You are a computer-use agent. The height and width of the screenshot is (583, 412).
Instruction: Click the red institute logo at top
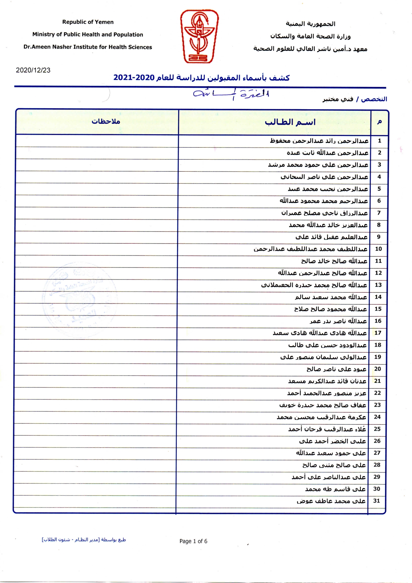pyautogui.click(x=199, y=36)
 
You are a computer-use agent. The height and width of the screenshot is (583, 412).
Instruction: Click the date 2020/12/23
pyautogui.click(x=33, y=70)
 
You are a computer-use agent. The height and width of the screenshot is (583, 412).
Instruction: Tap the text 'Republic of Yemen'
pyautogui.click(x=88, y=22)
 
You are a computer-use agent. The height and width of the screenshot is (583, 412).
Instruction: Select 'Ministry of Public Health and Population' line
pyautogui.click(x=88, y=34)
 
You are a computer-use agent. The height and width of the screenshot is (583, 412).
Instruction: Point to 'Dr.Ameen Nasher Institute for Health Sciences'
pyautogui.click(x=88, y=47)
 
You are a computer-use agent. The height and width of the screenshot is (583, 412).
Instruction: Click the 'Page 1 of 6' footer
pyautogui.click(x=193, y=541)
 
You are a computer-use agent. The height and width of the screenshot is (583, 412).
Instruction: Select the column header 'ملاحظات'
pyautogui.click(x=106, y=121)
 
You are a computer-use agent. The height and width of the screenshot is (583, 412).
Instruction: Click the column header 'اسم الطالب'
pyautogui.click(x=290, y=122)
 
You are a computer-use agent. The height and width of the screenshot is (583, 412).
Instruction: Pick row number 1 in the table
pyautogui.click(x=379, y=141)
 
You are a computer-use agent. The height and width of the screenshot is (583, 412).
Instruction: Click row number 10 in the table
pyautogui.click(x=378, y=249)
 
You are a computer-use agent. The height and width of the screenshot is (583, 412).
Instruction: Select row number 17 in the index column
pyautogui.click(x=378, y=333)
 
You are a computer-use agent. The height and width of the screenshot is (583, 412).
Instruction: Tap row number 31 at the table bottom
pyautogui.click(x=376, y=501)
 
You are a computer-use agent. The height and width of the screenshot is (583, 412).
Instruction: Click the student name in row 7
pyautogui.click(x=324, y=213)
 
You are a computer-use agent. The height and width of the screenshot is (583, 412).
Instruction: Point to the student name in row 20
pyautogui.click(x=336, y=369)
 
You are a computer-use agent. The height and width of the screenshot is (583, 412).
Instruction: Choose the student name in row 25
pyautogui.click(x=327, y=429)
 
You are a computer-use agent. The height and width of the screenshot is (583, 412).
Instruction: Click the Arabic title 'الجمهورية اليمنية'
pyautogui.click(x=310, y=24)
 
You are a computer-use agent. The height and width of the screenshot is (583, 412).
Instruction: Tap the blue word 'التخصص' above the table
pyautogui.click(x=374, y=99)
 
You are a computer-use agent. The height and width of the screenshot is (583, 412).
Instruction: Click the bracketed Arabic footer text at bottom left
pyautogui.click(x=84, y=540)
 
